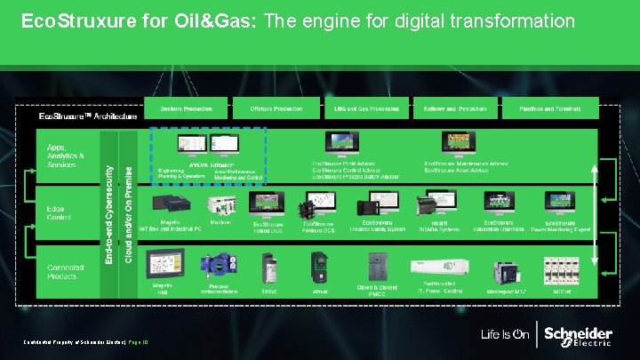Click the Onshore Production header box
(x=186, y=108)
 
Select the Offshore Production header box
(x=276, y=108)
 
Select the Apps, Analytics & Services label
(x=66, y=155)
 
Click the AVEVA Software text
(x=212, y=165)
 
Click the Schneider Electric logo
(x=578, y=336)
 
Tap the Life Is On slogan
(x=506, y=335)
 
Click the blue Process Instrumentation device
(x=218, y=266)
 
